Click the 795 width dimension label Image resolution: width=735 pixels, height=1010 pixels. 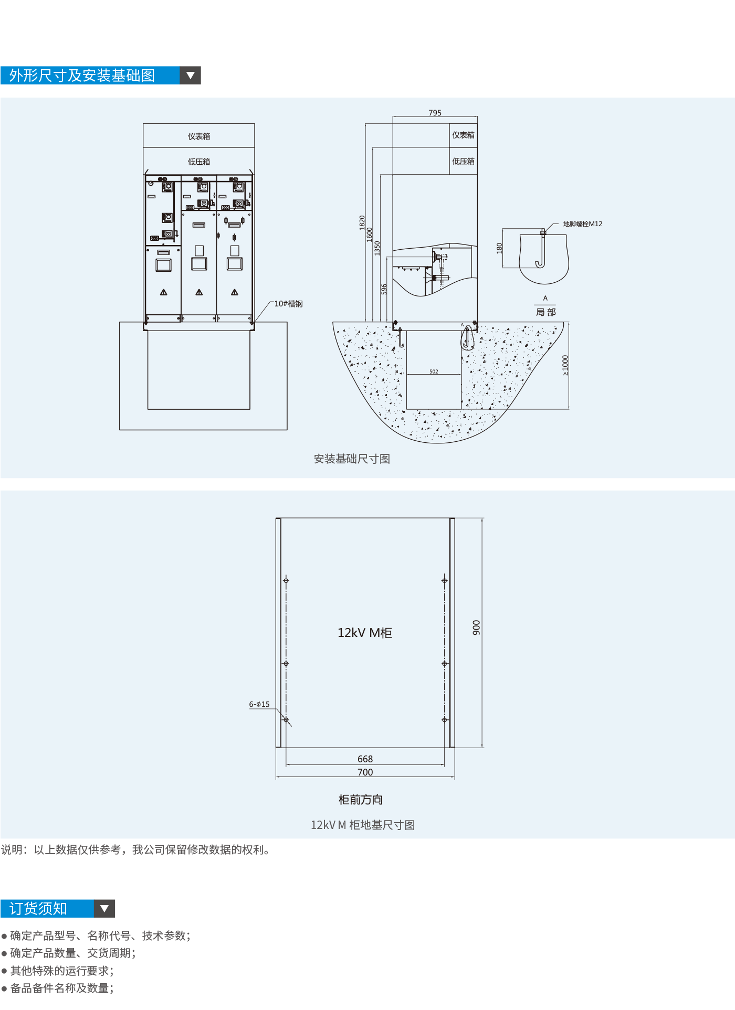click(x=435, y=113)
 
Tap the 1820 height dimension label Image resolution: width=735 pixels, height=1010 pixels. click(x=362, y=222)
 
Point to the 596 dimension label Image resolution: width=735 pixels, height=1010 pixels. click(x=384, y=289)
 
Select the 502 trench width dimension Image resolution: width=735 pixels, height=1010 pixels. click(x=434, y=371)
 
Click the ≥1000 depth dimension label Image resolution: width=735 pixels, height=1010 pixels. click(x=565, y=365)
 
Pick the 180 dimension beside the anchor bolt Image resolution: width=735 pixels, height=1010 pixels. click(x=499, y=248)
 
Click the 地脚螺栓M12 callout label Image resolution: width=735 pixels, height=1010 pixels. click(x=583, y=224)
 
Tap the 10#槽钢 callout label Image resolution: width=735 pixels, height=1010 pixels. click(x=288, y=304)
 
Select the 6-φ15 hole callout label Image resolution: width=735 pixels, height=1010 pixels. click(x=259, y=704)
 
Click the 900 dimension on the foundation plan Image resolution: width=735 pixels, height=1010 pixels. click(x=476, y=628)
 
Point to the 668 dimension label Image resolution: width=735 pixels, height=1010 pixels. click(x=365, y=759)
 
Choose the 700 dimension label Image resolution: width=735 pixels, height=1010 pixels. click(x=365, y=772)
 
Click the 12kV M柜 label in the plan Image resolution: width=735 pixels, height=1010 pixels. click(x=365, y=633)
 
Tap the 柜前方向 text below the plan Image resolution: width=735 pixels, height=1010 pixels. click(x=361, y=800)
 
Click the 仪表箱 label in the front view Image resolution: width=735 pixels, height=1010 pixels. click(x=199, y=136)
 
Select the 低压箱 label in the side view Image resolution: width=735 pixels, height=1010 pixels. click(x=463, y=161)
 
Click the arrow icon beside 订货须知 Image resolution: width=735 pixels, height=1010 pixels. click(x=104, y=908)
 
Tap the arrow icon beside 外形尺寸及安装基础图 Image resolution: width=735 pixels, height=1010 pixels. click(x=191, y=76)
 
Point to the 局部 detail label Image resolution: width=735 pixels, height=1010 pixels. click(x=545, y=312)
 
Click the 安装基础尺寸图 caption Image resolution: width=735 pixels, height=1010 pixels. click(x=352, y=459)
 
